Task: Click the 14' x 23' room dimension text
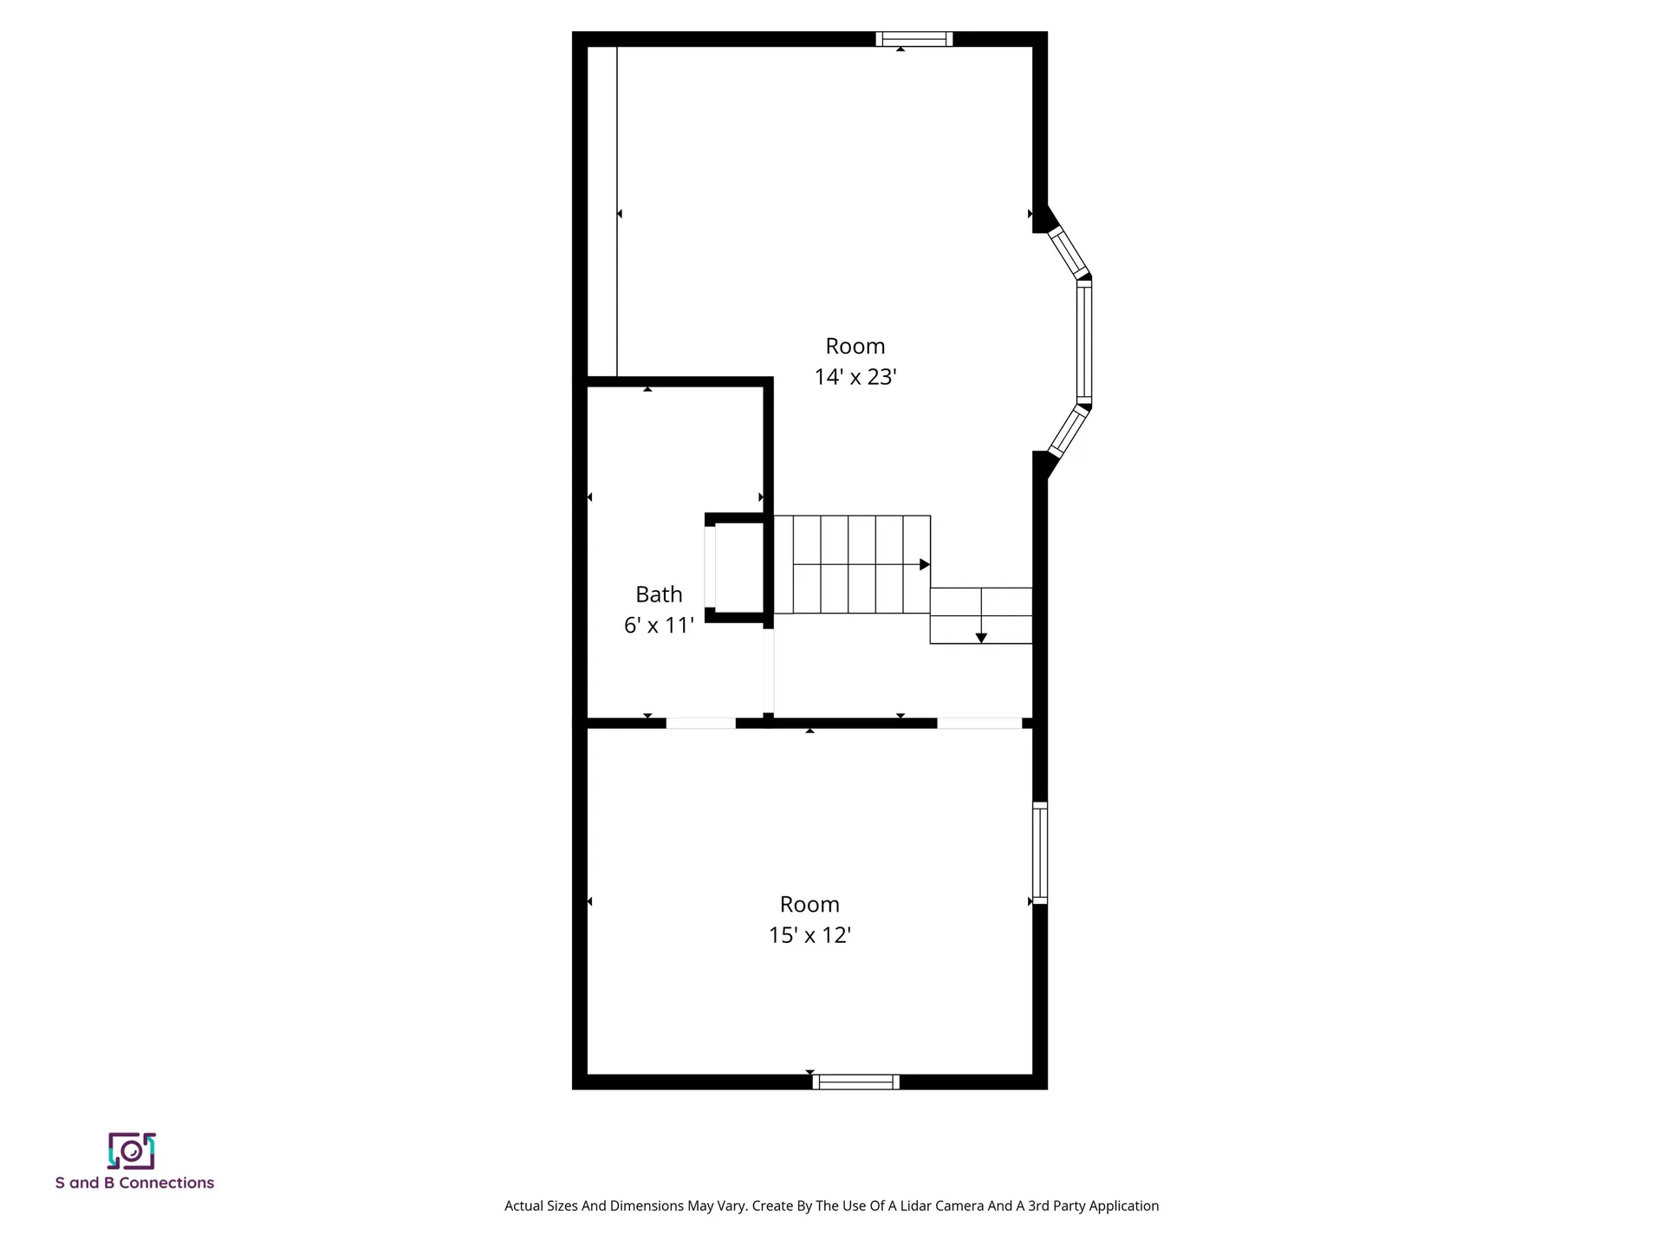pyautogui.click(x=855, y=377)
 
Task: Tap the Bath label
pyautogui.click(x=659, y=595)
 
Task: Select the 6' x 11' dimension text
pyautogui.click(x=659, y=625)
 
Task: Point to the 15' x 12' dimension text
pyautogui.click(x=809, y=935)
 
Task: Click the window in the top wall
pyautogui.click(x=913, y=39)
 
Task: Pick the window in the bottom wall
pyautogui.click(x=855, y=1082)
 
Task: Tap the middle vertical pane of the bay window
pyautogui.click(x=1084, y=342)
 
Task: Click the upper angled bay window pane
pyautogui.click(x=1068, y=251)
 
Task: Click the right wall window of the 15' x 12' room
pyautogui.click(x=1040, y=854)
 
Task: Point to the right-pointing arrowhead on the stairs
pyautogui.click(x=925, y=564)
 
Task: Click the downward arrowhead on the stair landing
pyautogui.click(x=981, y=638)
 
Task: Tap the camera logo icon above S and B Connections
pyautogui.click(x=132, y=1151)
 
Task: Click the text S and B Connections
pyautogui.click(x=134, y=1183)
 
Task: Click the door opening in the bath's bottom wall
pyautogui.click(x=700, y=723)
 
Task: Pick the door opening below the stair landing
pyautogui.click(x=979, y=723)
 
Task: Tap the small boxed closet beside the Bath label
pyautogui.click(x=738, y=568)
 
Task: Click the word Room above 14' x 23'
pyautogui.click(x=855, y=346)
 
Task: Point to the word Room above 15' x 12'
pyautogui.click(x=809, y=904)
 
